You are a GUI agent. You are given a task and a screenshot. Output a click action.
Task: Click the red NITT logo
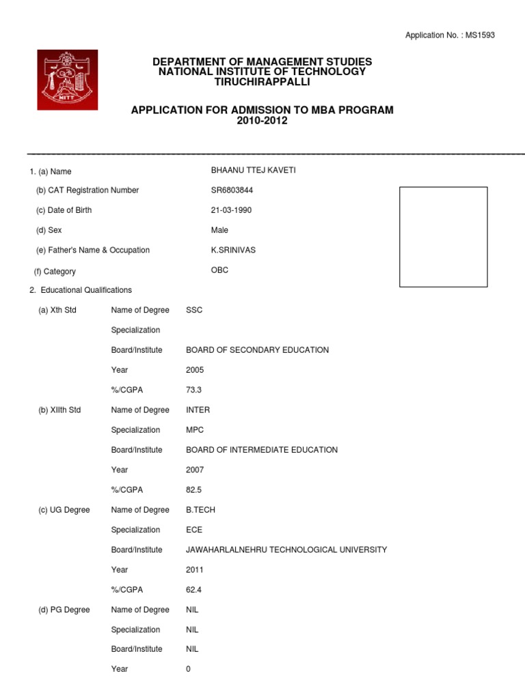pyautogui.click(x=67, y=80)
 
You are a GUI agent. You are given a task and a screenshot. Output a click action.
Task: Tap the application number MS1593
pyautogui.click(x=481, y=35)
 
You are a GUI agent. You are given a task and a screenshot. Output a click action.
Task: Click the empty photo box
pyautogui.click(x=443, y=237)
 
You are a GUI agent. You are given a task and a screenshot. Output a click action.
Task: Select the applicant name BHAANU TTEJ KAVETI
pyautogui.click(x=254, y=171)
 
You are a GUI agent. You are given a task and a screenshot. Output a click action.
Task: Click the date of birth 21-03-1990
pyautogui.click(x=232, y=210)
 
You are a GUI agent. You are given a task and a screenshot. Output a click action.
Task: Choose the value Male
pyautogui.click(x=220, y=231)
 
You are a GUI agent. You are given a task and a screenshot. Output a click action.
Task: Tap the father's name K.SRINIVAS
pyautogui.click(x=234, y=251)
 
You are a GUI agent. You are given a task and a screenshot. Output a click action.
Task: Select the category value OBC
pyautogui.click(x=220, y=270)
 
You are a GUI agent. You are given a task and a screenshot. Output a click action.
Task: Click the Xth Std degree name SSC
pyautogui.click(x=194, y=311)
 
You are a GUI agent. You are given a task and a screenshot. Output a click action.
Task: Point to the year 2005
pyautogui.click(x=195, y=370)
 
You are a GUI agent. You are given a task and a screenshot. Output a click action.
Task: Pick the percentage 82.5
pyautogui.click(x=194, y=490)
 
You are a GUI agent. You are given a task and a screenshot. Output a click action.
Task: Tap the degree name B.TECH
pyautogui.click(x=200, y=510)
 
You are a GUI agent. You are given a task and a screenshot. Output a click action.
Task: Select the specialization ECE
pyautogui.click(x=194, y=530)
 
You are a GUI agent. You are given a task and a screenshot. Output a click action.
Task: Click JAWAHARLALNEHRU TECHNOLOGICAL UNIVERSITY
pyautogui.click(x=286, y=550)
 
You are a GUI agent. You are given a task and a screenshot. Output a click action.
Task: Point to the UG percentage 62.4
pyautogui.click(x=194, y=590)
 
